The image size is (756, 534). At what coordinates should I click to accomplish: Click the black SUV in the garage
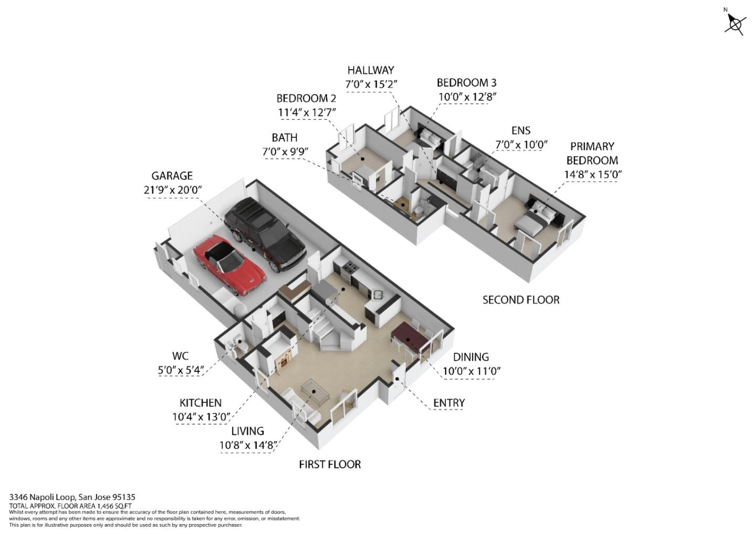pyautogui.click(x=264, y=236)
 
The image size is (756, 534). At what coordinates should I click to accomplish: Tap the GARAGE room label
pyautogui.click(x=172, y=176)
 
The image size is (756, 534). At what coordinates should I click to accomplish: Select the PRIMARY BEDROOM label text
pyautogui.click(x=592, y=153)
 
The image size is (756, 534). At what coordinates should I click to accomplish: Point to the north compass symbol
pyautogui.click(x=735, y=24)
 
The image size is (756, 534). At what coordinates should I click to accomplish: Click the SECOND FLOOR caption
pyautogui.click(x=521, y=300)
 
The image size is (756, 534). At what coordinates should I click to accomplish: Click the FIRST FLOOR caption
pyautogui.click(x=330, y=465)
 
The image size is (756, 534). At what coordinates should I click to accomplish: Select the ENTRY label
pyautogui.click(x=449, y=403)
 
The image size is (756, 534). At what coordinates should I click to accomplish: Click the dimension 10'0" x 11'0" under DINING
pyautogui.click(x=471, y=371)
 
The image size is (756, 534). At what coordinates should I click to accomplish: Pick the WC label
pyautogui.click(x=180, y=356)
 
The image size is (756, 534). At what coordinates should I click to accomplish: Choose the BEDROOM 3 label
pyautogui.click(x=466, y=83)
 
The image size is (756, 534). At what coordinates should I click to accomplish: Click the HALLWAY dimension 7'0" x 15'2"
pyautogui.click(x=371, y=84)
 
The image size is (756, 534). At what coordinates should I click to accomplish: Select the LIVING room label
pyautogui.click(x=247, y=431)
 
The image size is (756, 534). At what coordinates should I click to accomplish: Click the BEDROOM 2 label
pyautogui.click(x=306, y=99)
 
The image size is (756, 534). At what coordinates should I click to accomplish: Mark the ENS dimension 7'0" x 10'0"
pyautogui.click(x=521, y=144)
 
